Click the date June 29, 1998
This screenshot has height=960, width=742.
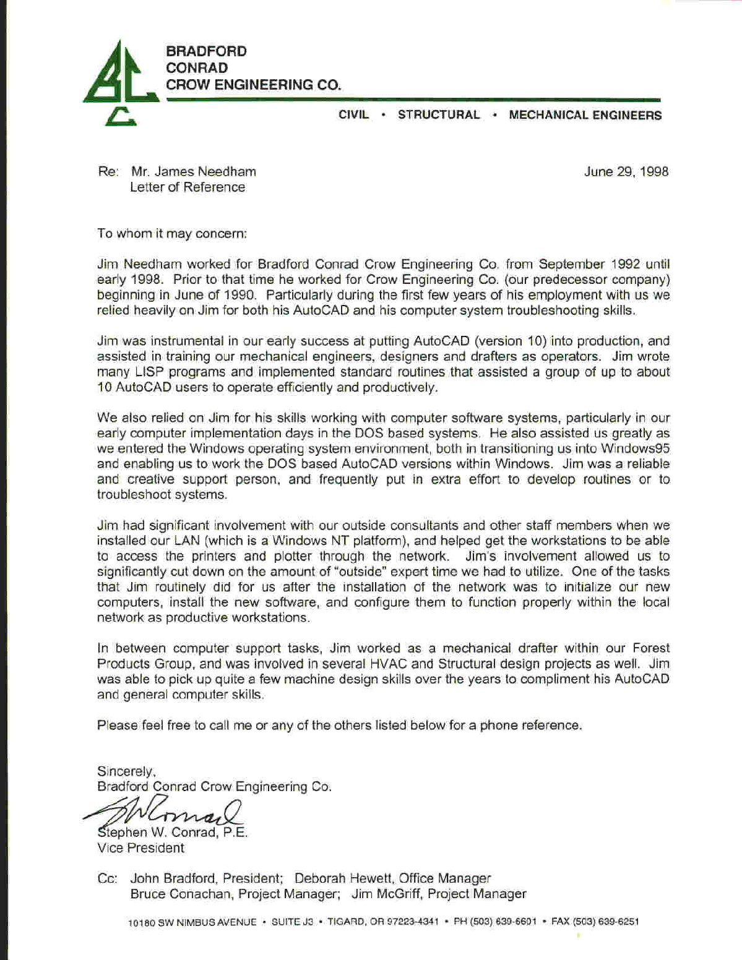pyautogui.click(x=626, y=172)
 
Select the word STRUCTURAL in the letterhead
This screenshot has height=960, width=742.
pyautogui.click(x=438, y=115)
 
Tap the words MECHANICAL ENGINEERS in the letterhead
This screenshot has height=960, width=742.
pyautogui.click(x=585, y=115)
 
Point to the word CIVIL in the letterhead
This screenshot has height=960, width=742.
pyautogui.click(x=353, y=115)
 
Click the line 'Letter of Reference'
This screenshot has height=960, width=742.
pyautogui.click(x=188, y=187)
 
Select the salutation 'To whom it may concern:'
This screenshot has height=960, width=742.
pyautogui.click(x=172, y=234)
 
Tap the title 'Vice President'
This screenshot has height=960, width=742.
pyautogui.click(x=140, y=848)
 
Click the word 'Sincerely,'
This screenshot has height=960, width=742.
pyautogui.click(x=126, y=771)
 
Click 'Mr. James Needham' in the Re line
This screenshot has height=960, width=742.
pyautogui.click(x=193, y=172)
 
